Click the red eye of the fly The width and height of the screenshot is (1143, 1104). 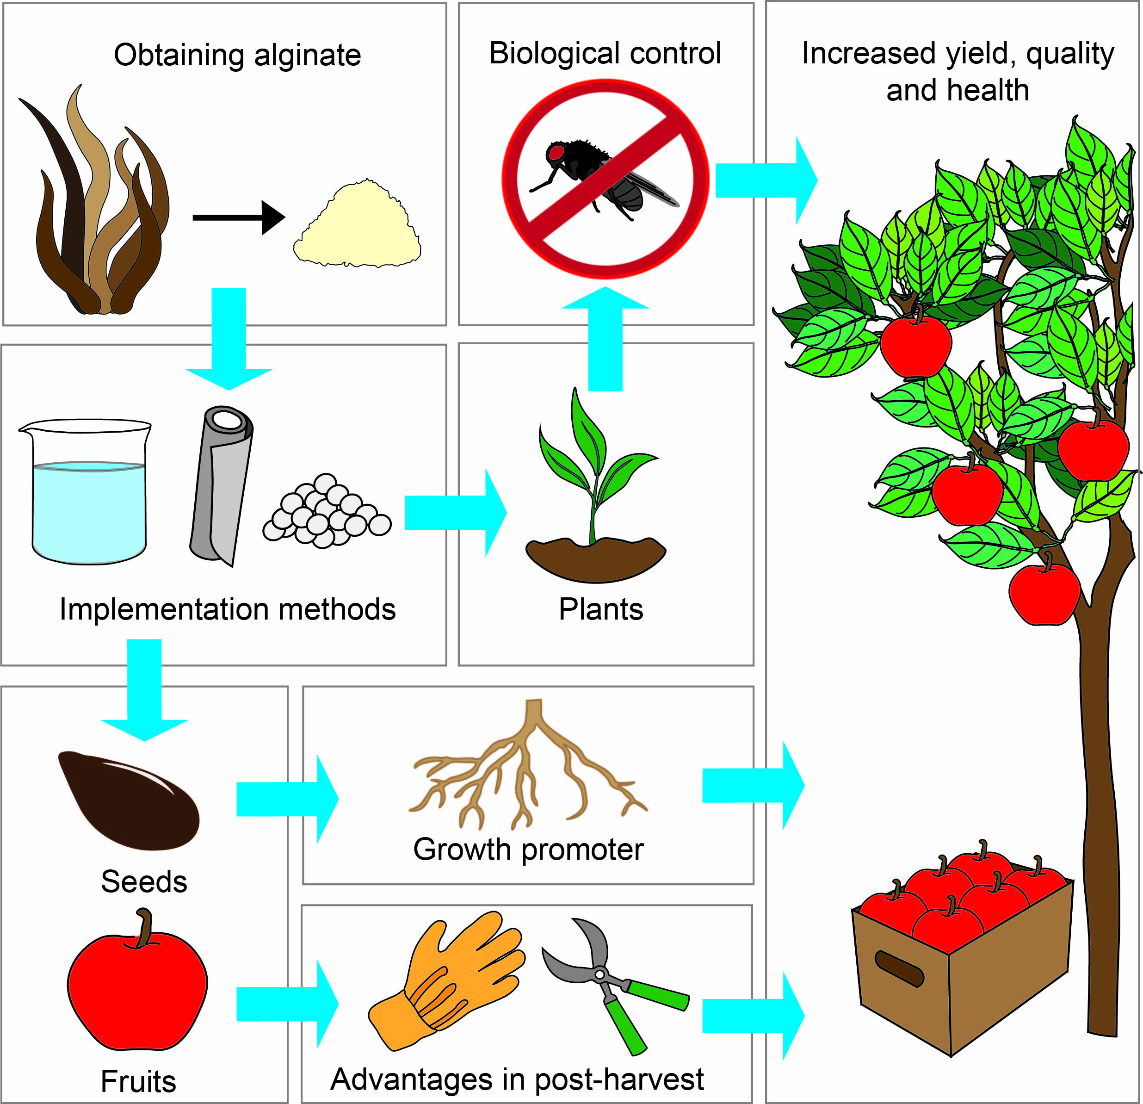(x=555, y=153)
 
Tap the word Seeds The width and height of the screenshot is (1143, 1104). (x=144, y=881)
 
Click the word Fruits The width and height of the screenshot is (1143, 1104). (x=138, y=1081)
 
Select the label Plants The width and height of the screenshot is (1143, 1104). (x=601, y=609)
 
